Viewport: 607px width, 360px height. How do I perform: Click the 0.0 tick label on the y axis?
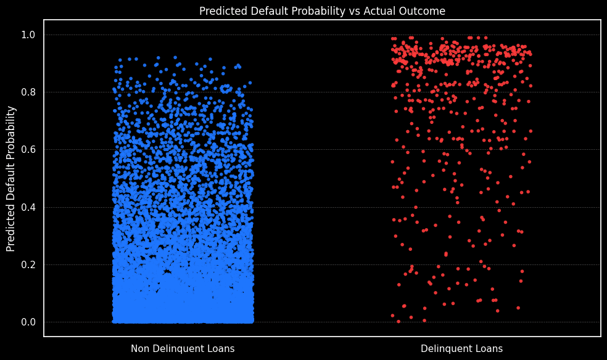pos(28,322)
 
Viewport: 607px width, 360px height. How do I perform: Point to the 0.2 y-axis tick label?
pos(28,264)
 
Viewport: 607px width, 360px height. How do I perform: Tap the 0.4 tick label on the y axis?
pos(28,207)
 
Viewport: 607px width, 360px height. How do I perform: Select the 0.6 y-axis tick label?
pos(28,150)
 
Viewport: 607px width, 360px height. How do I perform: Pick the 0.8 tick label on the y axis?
pos(28,92)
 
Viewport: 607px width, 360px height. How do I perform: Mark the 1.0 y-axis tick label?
pos(28,35)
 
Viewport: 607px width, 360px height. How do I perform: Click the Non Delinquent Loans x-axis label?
pos(183,349)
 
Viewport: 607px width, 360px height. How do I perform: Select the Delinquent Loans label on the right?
pos(461,349)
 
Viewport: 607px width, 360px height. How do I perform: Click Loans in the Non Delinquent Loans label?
pos(221,349)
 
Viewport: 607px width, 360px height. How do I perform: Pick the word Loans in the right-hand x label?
pos(489,349)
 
